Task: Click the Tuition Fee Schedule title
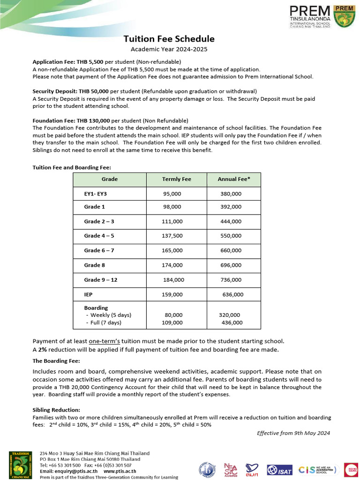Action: coord(169,39)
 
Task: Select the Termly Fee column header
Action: coord(176,179)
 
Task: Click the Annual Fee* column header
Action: coord(234,179)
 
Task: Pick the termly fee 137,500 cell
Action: coord(172,236)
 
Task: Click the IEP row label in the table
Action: coord(89,294)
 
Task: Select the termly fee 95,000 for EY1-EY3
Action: coord(172,194)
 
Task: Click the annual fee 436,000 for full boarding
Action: coord(232,322)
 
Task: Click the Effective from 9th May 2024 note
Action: coord(293,433)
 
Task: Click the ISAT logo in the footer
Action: coord(279,470)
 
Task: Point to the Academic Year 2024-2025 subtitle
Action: coord(169,49)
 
